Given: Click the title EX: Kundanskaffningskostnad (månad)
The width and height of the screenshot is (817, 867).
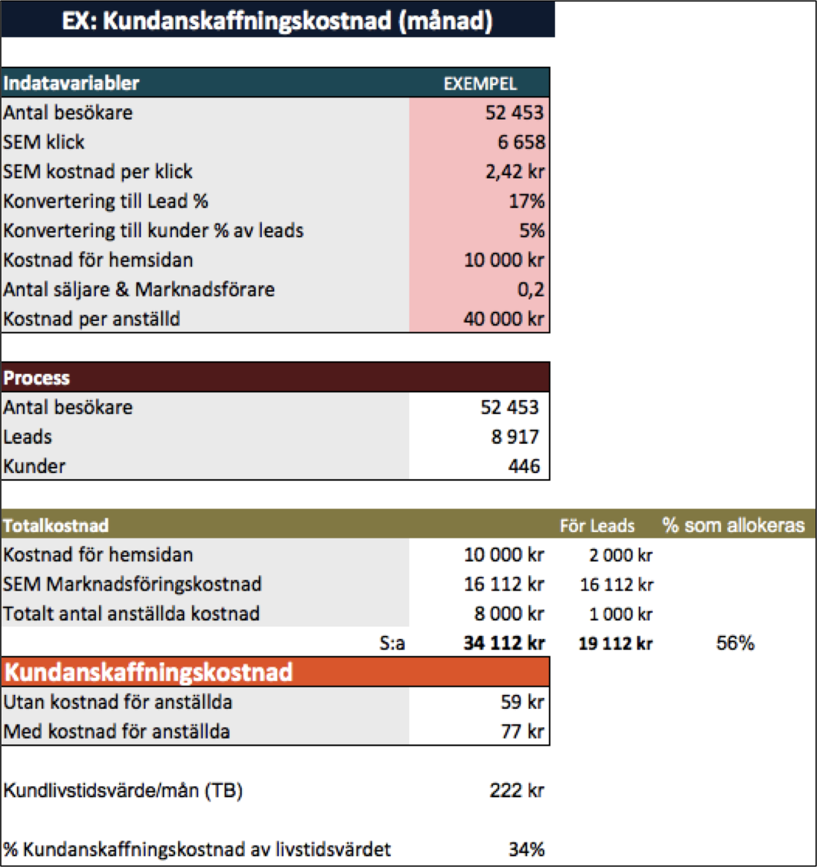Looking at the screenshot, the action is coord(277,21).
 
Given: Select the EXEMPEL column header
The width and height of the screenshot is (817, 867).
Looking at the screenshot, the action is coord(480,84).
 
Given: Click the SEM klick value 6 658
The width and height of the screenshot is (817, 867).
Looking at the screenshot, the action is coord(521,142).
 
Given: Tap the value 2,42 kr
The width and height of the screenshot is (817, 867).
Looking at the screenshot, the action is coord(514,171).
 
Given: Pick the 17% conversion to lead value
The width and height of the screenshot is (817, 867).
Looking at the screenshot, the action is coord(527,201).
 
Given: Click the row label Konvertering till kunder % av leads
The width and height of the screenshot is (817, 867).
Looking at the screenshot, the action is coord(154,230).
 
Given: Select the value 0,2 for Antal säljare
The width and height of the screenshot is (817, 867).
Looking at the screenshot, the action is coord(531,290).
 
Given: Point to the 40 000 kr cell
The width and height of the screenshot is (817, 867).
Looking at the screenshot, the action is coord(504,319).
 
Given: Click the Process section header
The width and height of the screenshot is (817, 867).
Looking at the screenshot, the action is coord(37,378).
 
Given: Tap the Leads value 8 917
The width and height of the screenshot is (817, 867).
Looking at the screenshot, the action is coord(515,437).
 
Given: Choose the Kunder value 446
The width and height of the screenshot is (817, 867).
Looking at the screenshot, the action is coord(524,466).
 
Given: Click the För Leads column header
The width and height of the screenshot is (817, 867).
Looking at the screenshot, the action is coord(597,525).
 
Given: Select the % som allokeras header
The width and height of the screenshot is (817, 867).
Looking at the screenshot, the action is coord(733,525).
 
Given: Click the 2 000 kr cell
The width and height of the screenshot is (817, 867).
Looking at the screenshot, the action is coord(620,554).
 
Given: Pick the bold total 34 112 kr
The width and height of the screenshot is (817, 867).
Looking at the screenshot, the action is coord(504,643).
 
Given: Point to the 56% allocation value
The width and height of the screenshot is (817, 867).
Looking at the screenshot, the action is coord(735,643).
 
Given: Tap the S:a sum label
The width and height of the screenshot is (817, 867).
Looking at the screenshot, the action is coord(392,643).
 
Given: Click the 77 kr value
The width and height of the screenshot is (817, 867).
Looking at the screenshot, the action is coord(522,732).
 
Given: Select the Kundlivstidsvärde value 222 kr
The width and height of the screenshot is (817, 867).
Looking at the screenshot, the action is coord(517,791).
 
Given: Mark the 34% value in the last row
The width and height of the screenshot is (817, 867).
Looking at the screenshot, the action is coord(527,849).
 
